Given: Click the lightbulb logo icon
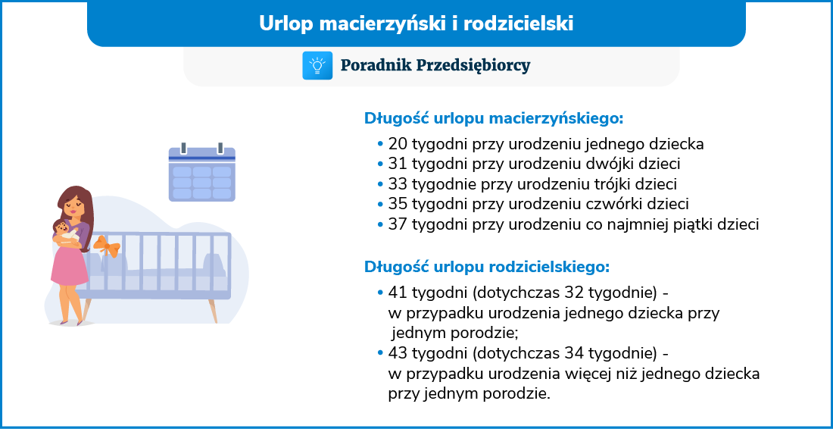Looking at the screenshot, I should [317, 65].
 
